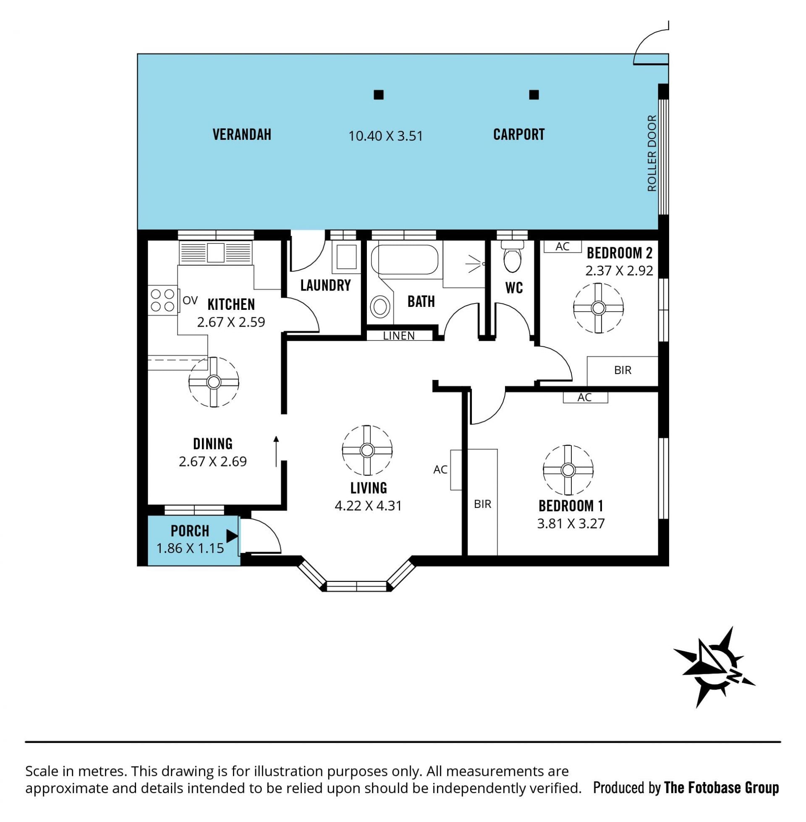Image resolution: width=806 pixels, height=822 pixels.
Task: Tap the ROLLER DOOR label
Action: tap(652, 153)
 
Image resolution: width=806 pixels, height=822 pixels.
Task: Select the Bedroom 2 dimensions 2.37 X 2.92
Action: tap(619, 270)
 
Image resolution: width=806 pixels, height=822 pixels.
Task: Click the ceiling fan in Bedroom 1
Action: tap(568, 470)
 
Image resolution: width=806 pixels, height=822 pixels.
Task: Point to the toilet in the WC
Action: tap(513, 258)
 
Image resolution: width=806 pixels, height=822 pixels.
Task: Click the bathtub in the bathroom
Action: tap(404, 260)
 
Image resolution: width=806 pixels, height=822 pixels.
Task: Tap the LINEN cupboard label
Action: tap(399, 336)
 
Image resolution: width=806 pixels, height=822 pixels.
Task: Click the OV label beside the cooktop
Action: tap(190, 301)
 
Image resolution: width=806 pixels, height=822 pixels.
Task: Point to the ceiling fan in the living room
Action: tap(367, 450)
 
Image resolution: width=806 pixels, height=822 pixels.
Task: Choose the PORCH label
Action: tap(190, 531)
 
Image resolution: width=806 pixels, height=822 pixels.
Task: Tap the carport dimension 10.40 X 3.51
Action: tap(386, 136)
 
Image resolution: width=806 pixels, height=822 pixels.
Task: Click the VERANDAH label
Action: tap(242, 135)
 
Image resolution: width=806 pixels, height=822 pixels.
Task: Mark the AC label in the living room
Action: tap(440, 469)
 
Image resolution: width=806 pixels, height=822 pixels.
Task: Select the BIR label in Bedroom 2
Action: tap(623, 370)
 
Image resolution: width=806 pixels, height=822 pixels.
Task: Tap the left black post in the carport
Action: tap(379, 95)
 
